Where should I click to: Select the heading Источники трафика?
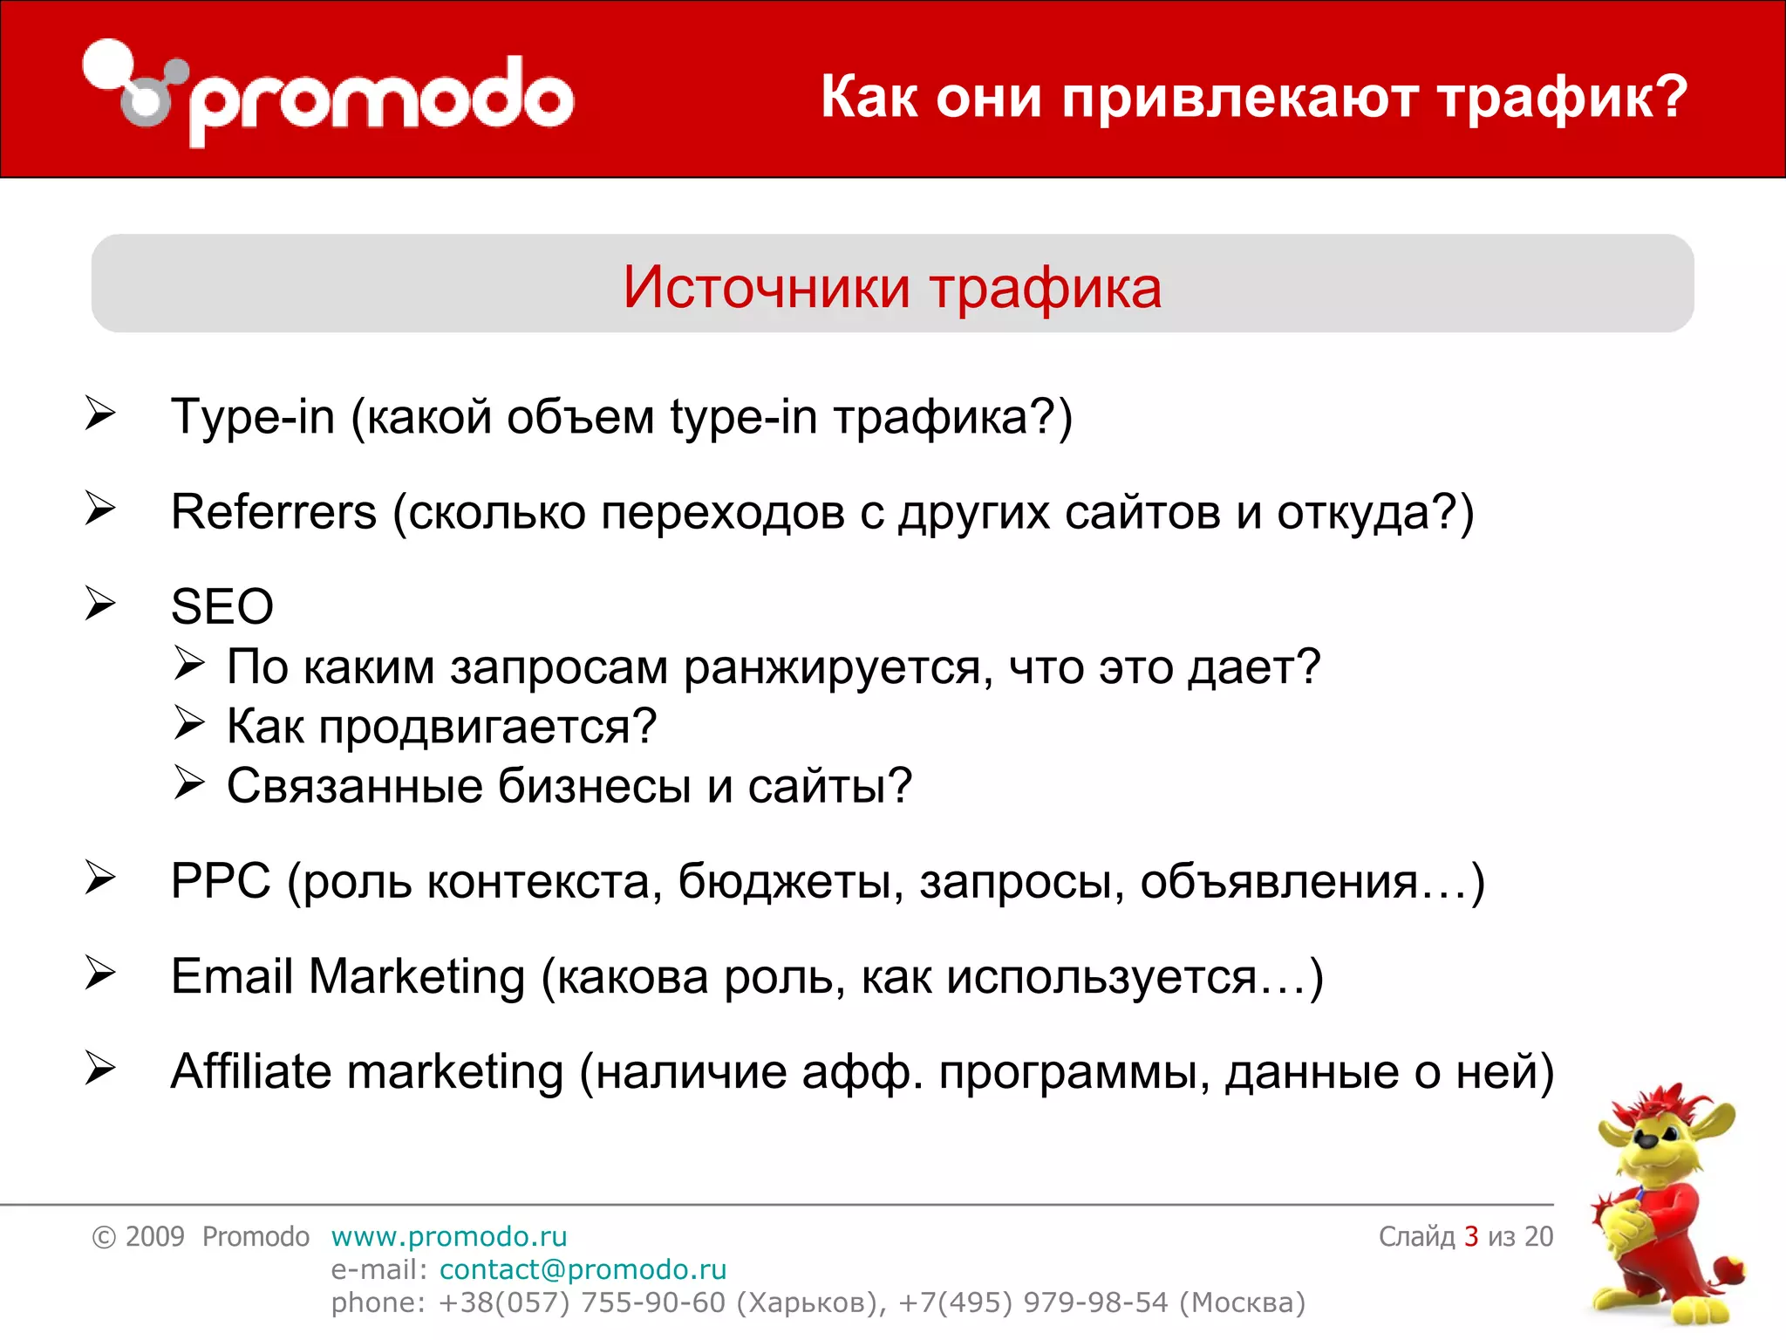pos(892,287)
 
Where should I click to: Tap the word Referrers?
pos(273,512)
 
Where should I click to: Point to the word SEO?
pos(222,606)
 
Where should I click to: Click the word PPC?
pos(221,881)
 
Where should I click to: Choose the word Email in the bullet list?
pos(231,976)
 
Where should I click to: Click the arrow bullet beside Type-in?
pos(100,414)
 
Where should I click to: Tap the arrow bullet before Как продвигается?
pos(188,723)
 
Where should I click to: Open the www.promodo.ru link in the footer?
pos(449,1236)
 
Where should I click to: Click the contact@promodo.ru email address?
pos(583,1269)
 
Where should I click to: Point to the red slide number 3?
pos(1471,1236)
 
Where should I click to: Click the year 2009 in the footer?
pos(154,1236)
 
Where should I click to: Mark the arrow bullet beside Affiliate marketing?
pos(100,1070)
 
